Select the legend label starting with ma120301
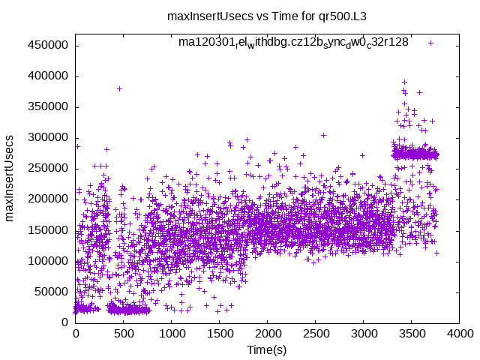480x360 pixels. pyautogui.click(x=293, y=42)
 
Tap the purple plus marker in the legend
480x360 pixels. pyautogui.click(x=430, y=43)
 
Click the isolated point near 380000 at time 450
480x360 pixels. pyautogui.click(x=119, y=88)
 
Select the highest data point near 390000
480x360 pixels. pyautogui.click(x=404, y=82)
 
